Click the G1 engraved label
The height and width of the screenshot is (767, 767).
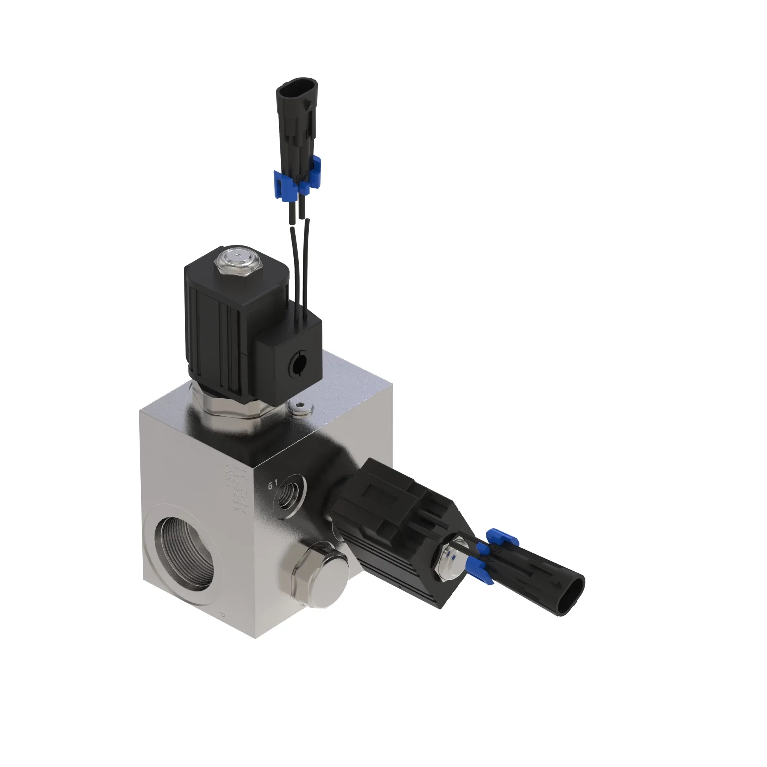(273, 485)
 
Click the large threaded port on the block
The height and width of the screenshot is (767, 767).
(184, 554)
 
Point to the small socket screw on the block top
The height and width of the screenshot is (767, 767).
(301, 406)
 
